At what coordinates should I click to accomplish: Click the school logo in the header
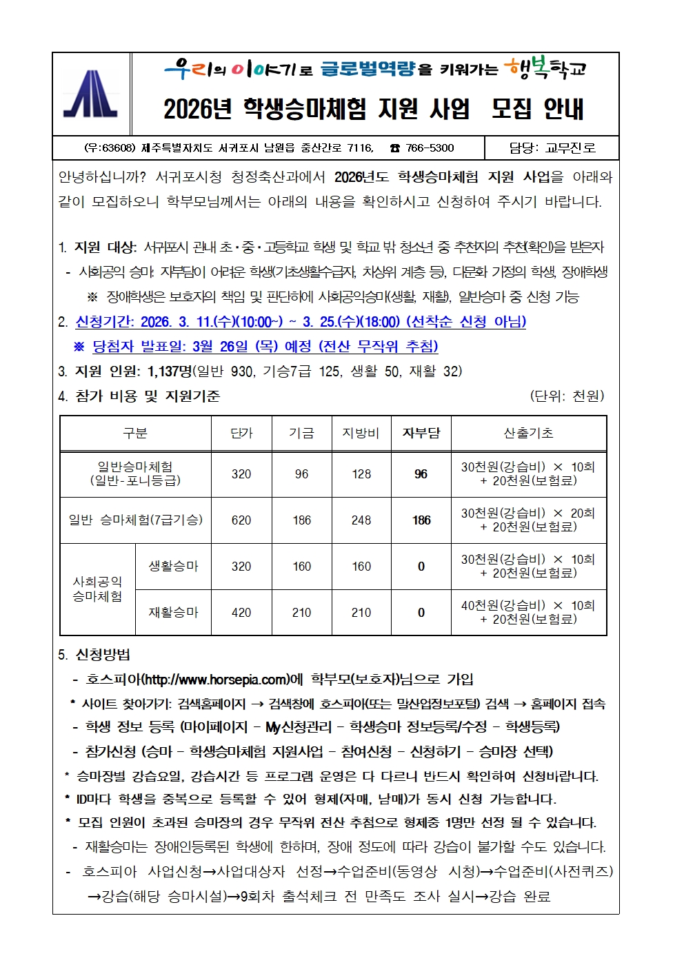pos(91,95)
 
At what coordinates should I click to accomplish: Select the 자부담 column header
pos(421,433)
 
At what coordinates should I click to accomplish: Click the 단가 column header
pos(241,433)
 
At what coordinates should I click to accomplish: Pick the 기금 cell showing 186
pos(301,520)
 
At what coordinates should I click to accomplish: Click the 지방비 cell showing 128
pos(361,474)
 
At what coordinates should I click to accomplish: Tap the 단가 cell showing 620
pos(241,520)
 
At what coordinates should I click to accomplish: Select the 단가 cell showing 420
pos(241,613)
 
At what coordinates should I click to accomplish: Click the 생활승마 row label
pos(173,567)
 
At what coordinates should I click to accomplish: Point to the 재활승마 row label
pos(173,613)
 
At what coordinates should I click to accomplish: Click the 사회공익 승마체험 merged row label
pos(97,589)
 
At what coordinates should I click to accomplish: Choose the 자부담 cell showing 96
pos(421,474)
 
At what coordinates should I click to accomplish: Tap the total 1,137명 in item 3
pos(170,371)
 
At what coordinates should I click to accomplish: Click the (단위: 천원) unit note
pos(567,396)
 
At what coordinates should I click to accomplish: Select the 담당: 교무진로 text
pos(552,147)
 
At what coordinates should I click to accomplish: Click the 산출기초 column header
pos(528,433)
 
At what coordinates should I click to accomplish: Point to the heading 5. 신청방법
pos(94,655)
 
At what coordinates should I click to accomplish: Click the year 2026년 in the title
pos(197,109)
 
